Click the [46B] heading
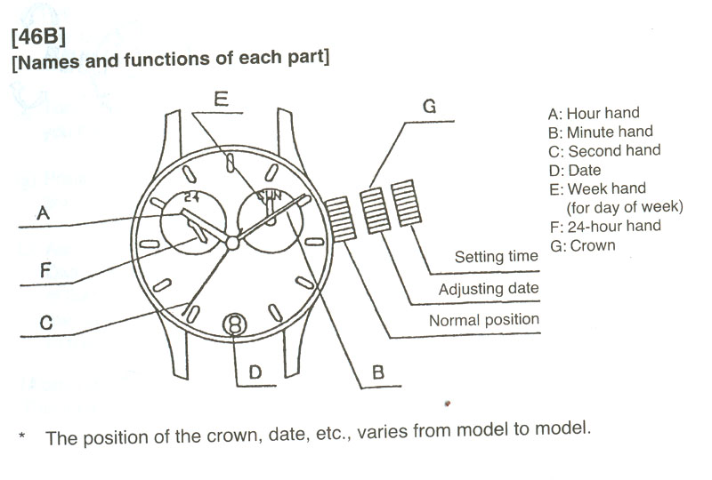(x=37, y=38)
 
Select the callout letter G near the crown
(x=429, y=107)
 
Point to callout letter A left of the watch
(x=43, y=213)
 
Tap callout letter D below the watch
(x=255, y=372)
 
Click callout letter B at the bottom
(x=377, y=373)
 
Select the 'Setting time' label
(x=496, y=257)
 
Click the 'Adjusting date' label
(x=488, y=289)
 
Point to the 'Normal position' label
(x=483, y=319)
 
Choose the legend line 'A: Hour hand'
(x=594, y=114)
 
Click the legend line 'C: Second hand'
(x=604, y=151)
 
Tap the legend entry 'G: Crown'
(x=583, y=245)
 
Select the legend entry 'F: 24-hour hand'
(x=605, y=226)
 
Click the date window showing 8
(x=235, y=325)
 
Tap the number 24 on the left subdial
(x=191, y=196)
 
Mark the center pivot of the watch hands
(x=233, y=242)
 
